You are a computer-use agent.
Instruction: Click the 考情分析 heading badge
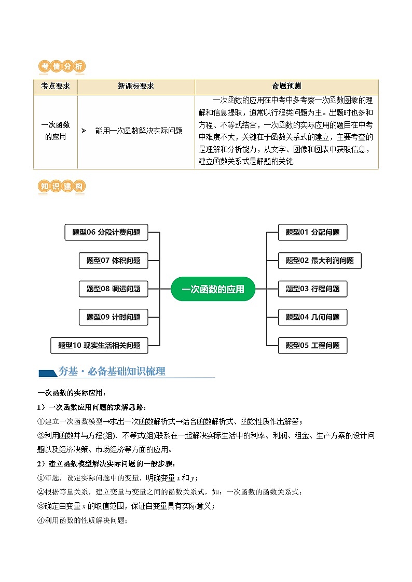click(x=62, y=66)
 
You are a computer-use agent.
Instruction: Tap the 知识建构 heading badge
click(x=62, y=187)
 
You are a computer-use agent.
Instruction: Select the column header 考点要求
click(x=56, y=87)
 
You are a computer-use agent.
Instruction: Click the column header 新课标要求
click(x=136, y=87)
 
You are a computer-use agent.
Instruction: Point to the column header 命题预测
click(x=286, y=87)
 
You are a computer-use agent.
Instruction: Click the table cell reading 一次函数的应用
click(x=56, y=131)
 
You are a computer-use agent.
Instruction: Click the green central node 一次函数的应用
click(x=213, y=289)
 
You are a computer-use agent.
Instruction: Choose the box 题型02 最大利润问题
click(x=319, y=261)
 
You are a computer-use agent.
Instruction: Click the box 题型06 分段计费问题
click(x=106, y=233)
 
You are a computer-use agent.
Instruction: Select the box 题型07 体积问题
click(x=113, y=261)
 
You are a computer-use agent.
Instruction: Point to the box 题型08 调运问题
click(x=113, y=289)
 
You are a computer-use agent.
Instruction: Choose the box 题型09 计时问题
click(x=113, y=317)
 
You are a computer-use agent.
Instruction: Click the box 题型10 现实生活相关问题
click(x=99, y=345)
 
